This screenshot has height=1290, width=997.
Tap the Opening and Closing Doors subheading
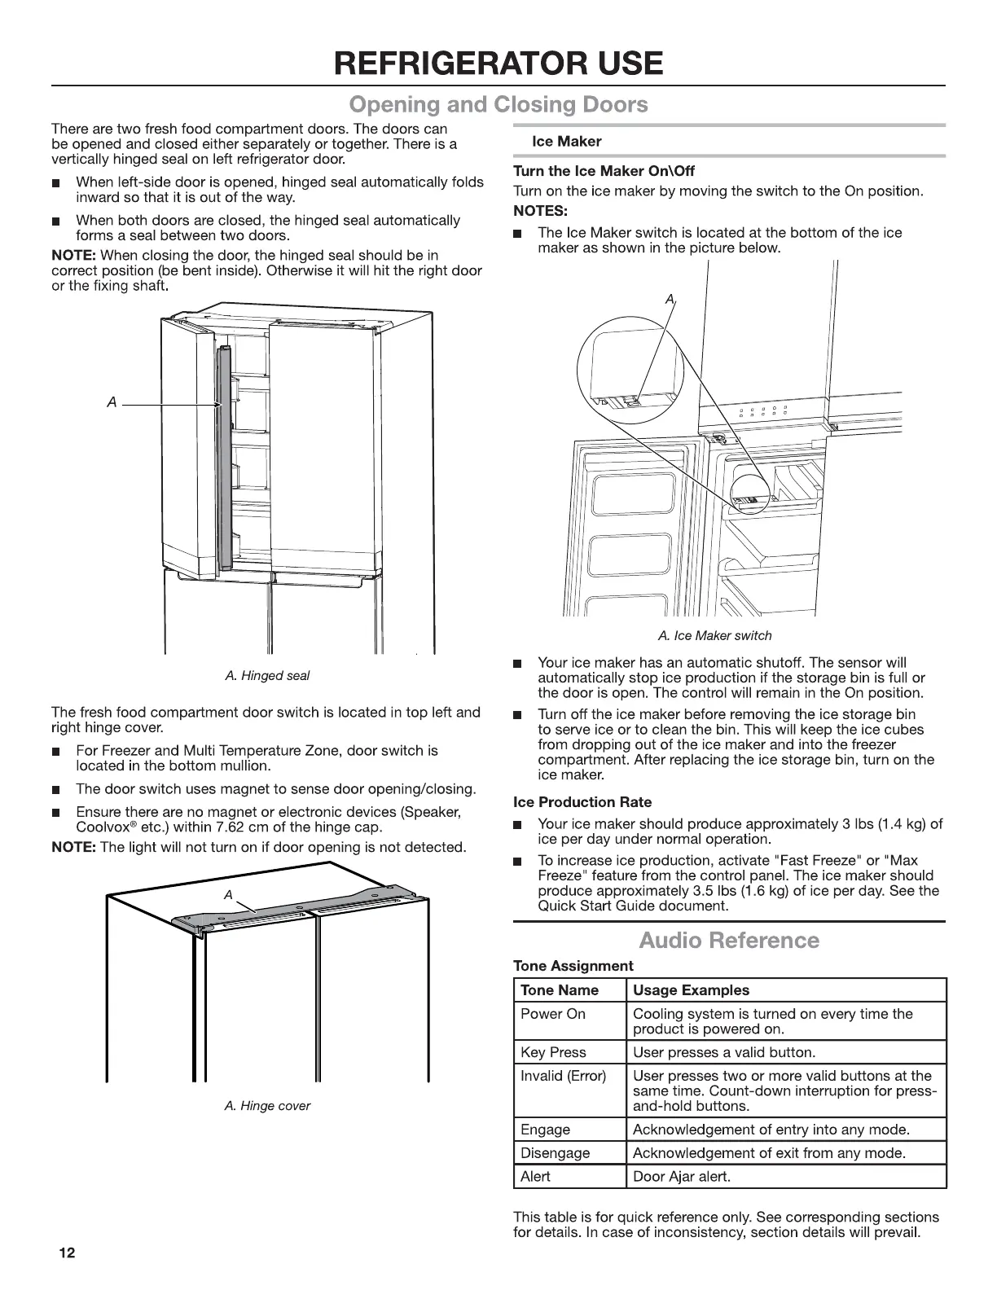coord(498,105)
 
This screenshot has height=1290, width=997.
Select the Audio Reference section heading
coord(729,941)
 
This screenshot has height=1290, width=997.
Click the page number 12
coord(66,1253)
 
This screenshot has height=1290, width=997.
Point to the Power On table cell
coord(553,1014)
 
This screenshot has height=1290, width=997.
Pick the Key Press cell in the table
coord(553,1052)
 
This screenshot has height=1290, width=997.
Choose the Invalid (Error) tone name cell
coord(564,1076)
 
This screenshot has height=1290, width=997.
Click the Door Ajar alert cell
coord(682,1177)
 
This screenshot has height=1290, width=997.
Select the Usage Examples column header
coord(691,990)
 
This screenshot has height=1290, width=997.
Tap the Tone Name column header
coord(560,990)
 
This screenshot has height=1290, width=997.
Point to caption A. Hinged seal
coord(267,676)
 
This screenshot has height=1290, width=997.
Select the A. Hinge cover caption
coord(267,1106)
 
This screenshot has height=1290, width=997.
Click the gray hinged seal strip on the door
coord(225,456)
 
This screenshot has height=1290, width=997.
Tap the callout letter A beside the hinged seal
coord(112,402)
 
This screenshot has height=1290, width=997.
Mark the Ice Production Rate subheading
coord(582,802)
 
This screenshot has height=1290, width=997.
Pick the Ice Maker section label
coord(566,142)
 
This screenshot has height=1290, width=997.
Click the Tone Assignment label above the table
coord(573,966)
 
